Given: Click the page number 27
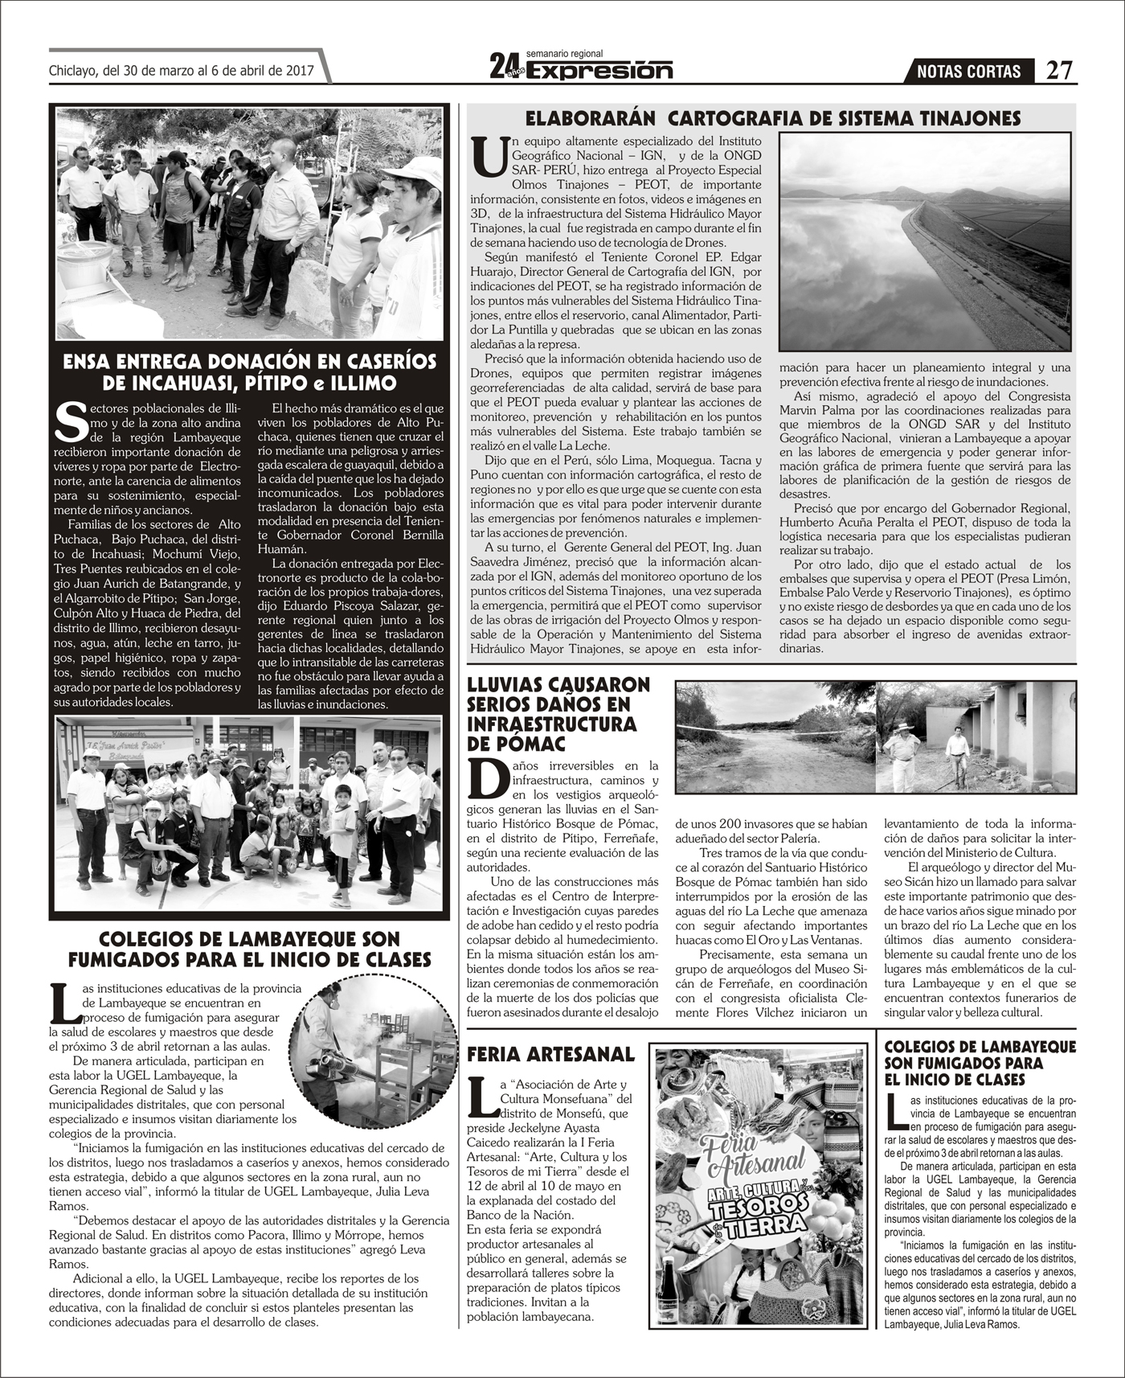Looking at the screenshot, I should point(1059,71).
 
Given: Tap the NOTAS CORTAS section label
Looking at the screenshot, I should point(974,72).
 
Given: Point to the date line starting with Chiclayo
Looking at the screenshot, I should point(180,70).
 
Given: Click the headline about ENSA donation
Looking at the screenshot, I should point(249,371).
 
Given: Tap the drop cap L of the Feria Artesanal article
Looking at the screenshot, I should point(481,1098).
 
